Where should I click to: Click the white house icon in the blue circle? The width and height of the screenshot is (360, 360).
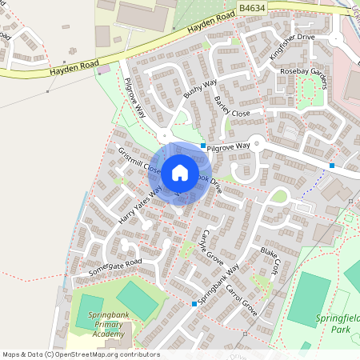(x=180, y=173)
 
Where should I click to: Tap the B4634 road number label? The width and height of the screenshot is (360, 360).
(x=252, y=7)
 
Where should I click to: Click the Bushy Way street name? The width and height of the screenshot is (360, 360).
(x=200, y=94)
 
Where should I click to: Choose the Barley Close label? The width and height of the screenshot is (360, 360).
(x=233, y=107)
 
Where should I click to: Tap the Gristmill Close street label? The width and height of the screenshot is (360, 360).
(x=140, y=161)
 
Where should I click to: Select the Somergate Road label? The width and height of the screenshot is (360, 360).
(x=114, y=269)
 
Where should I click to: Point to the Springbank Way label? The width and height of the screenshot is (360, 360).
(x=218, y=281)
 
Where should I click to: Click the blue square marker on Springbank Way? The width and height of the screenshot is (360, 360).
(x=194, y=304)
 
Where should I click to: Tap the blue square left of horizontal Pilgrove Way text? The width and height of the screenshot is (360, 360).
(x=202, y=146)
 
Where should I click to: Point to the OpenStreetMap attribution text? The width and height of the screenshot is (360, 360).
(x=80, y=354)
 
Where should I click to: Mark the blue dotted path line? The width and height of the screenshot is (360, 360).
(x=313, y=193)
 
